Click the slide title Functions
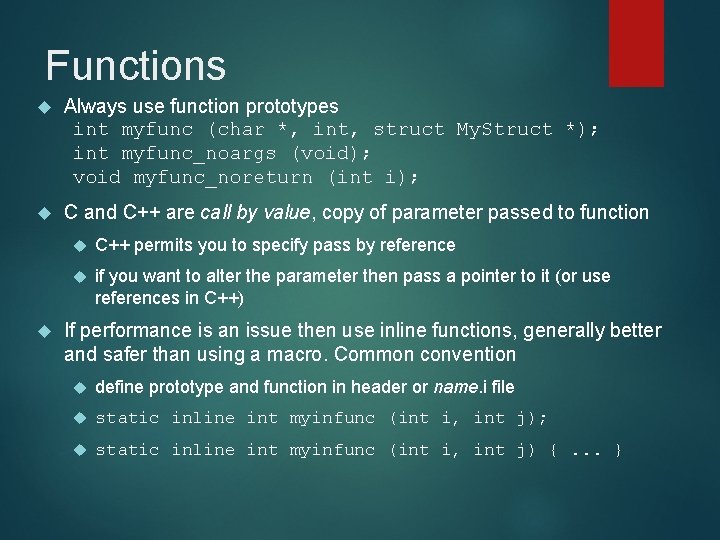tap(136, 66)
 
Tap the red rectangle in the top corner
tap(622, 42)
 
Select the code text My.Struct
tap(504, 129)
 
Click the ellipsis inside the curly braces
tap(587, 450)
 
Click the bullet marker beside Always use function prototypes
tap(40, 106)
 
